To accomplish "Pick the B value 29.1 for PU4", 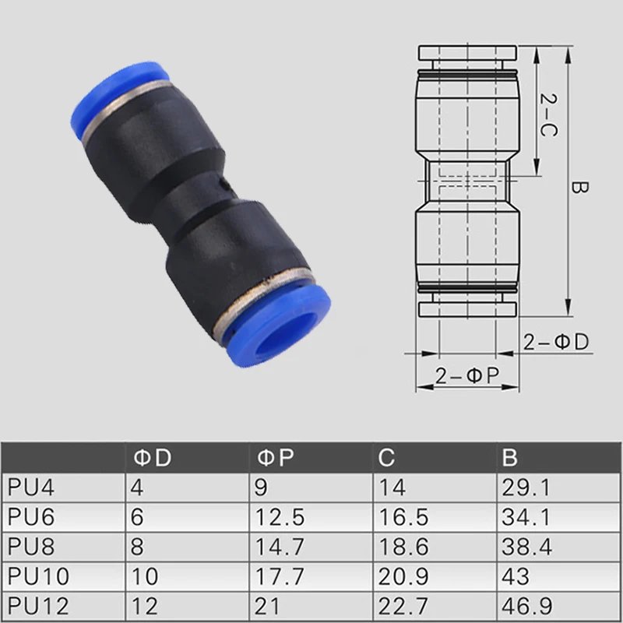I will (x=528, y=487).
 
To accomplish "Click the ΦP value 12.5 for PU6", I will (x=280, y=517).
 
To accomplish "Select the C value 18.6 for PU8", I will (x=403, y=547).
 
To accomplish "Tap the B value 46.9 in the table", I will (x=528, y=606).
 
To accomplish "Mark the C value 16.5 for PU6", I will (x=403, y=517).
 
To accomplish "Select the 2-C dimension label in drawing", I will (x=549, y=115).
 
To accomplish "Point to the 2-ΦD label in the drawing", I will (x=556, y=342).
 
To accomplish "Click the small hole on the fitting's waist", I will (x=223, y=186).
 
